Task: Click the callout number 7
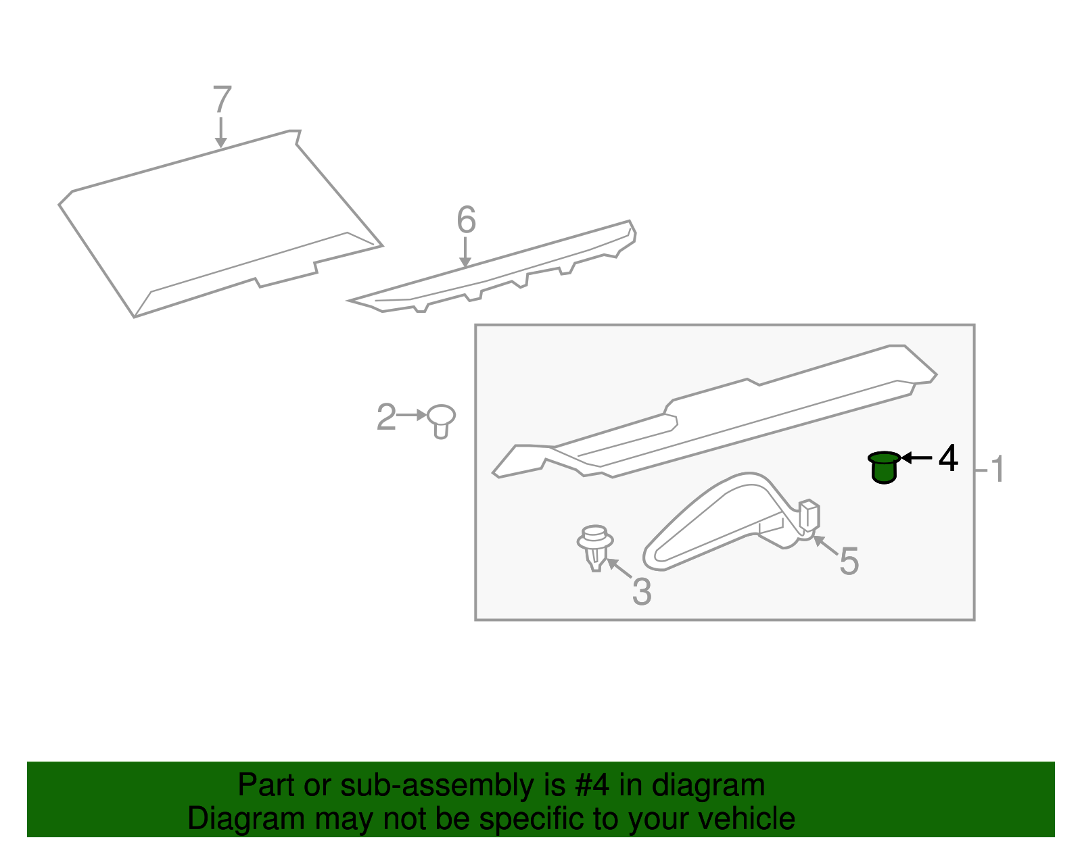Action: point(222,100)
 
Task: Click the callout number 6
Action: point(466,220)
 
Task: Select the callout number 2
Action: point(385,418)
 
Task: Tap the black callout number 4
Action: point(948,459)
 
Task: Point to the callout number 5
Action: point(849,562)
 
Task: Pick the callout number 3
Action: point(642,592)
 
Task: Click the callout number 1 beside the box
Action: point(997,470)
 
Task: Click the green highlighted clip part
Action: point(884,468)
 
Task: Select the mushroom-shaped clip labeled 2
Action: point(441,420)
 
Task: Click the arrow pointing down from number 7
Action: point(220,133)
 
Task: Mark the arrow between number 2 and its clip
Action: point(412,415)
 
